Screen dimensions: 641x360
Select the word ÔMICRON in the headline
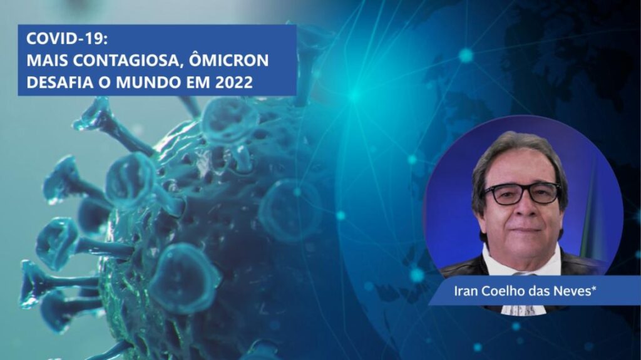tap(229, 59)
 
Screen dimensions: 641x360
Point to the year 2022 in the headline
tap(234, 82)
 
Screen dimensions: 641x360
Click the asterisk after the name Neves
tap(594, 287)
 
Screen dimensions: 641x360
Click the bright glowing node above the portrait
tap(466, 55)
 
